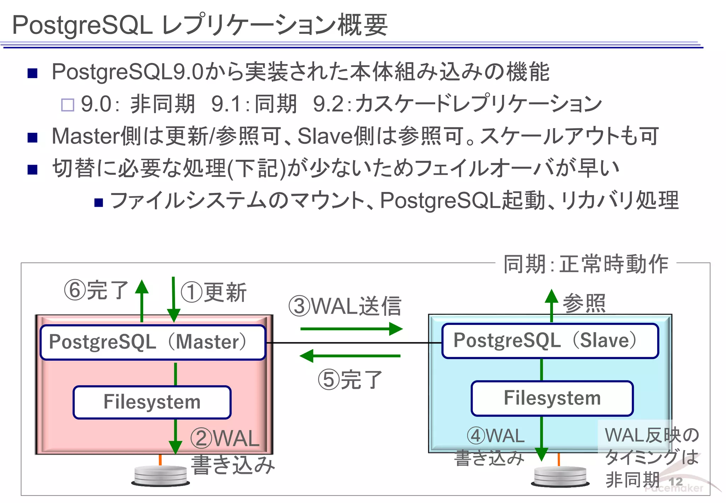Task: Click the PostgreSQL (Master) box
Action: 153,342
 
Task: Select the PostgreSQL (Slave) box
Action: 550,341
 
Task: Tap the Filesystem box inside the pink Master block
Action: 152,402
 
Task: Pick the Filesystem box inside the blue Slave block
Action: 552,398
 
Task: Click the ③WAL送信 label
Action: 345,306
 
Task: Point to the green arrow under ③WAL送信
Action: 351,329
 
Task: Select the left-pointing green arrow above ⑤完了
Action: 350,355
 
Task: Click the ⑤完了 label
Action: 350,380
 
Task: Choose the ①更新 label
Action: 213,293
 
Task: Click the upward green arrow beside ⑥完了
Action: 142,300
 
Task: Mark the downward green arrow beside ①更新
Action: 173,300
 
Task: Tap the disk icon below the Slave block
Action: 560,476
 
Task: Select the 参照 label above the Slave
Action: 584,303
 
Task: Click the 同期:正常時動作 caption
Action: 586,264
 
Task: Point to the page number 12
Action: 675,482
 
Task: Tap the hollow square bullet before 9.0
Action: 68,105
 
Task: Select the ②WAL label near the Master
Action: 225,438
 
